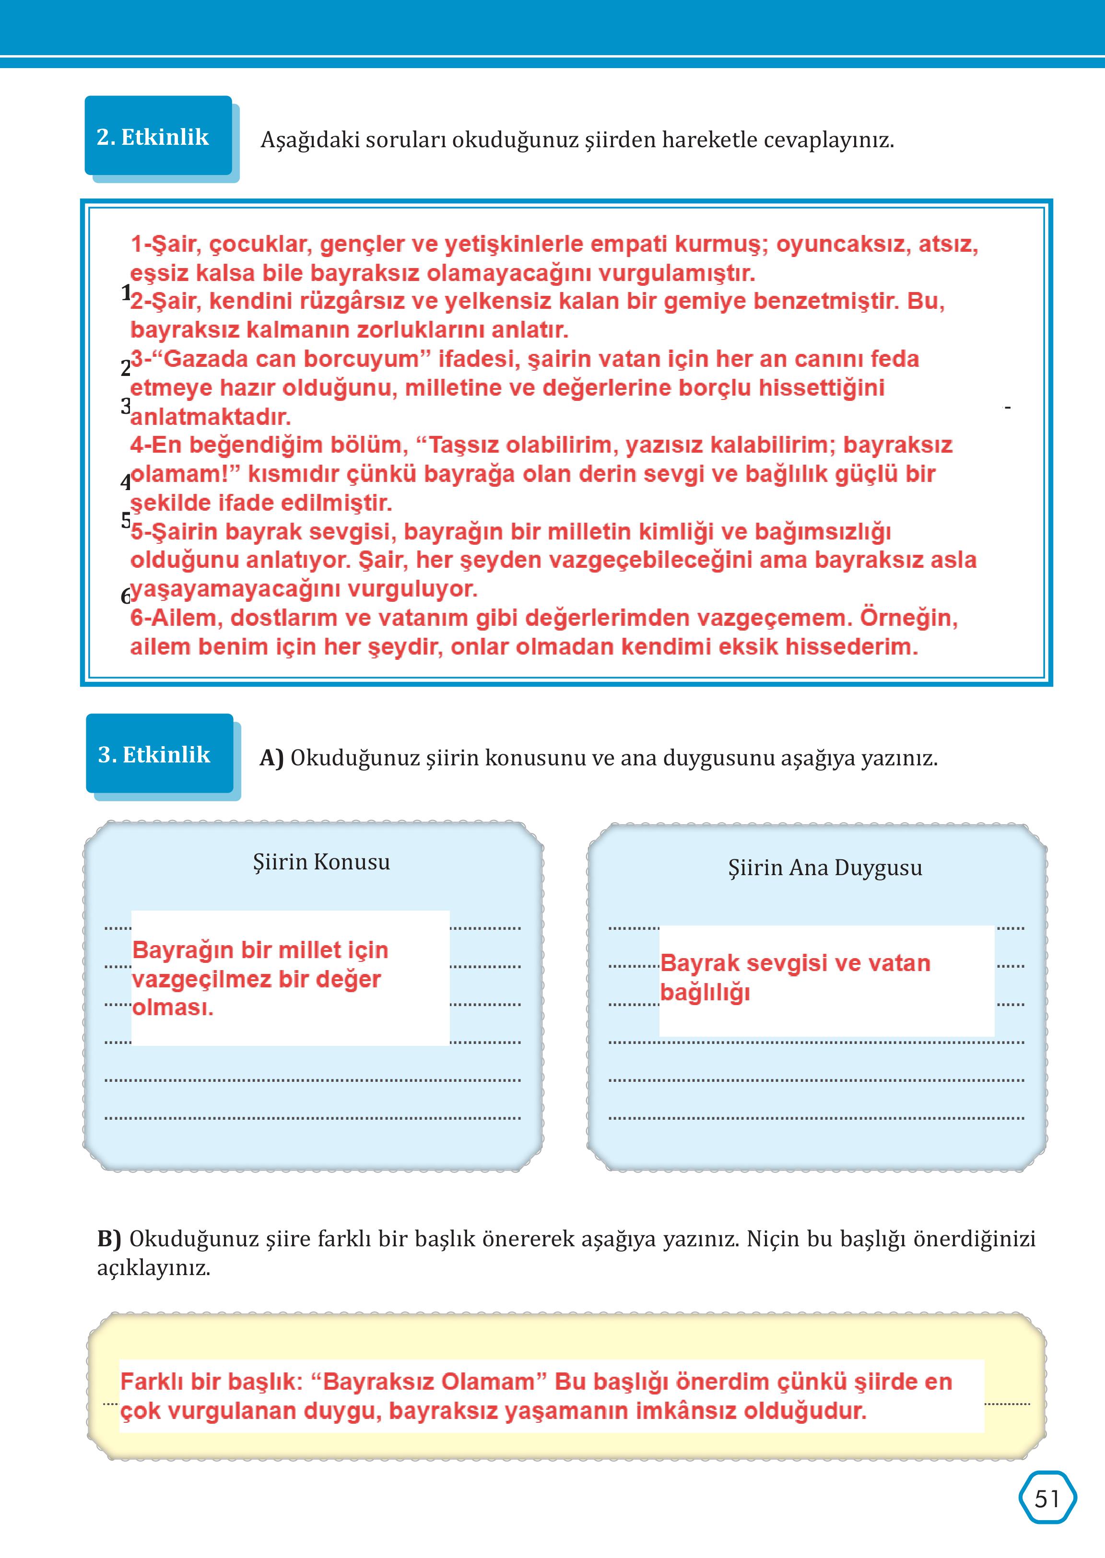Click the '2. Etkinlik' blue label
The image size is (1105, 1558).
click(153, 137)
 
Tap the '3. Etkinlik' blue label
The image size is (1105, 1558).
click(154, 754)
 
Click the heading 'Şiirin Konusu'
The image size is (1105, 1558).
click(321, 862)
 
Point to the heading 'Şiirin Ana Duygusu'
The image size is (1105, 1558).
click(824, 867)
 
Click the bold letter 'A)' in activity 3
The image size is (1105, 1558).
click(271, 758)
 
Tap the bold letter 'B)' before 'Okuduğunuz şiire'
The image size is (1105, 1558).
click(109, 1238)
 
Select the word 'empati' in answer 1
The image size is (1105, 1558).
click(626, 244)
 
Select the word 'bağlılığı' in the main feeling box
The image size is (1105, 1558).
click(705, 992)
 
